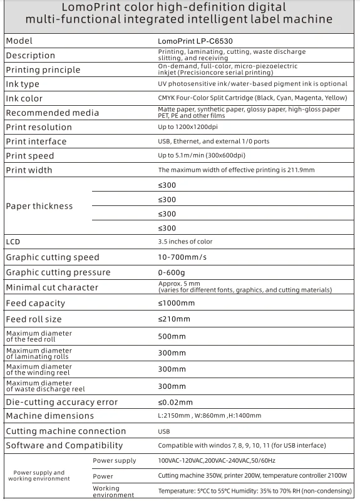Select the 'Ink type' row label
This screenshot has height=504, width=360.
click(23, 84)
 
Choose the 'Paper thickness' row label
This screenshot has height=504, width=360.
click(39, 206)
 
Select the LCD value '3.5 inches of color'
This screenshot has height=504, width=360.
click(185, 242)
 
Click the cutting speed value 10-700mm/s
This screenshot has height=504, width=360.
click(181, 257)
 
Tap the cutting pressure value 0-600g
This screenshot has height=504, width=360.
click(172, 272)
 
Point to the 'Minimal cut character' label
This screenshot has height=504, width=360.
click(51, 287)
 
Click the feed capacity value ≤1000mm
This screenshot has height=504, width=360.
click(176, 303)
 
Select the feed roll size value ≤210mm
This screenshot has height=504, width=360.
click(173, 319)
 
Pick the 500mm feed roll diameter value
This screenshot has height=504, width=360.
click(172, 336)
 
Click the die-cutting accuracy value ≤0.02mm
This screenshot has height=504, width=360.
click(175, 402)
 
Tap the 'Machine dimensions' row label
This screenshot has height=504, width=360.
click(49, 416)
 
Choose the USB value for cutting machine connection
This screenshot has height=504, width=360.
click(164, 431)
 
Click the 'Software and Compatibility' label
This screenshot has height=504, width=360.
click(64, 446)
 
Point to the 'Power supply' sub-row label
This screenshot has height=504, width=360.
click(114, 461)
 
